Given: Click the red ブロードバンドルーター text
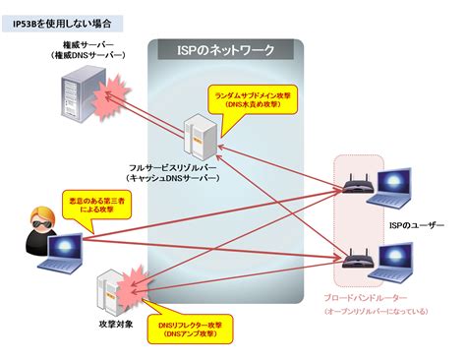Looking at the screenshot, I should (363, 296).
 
